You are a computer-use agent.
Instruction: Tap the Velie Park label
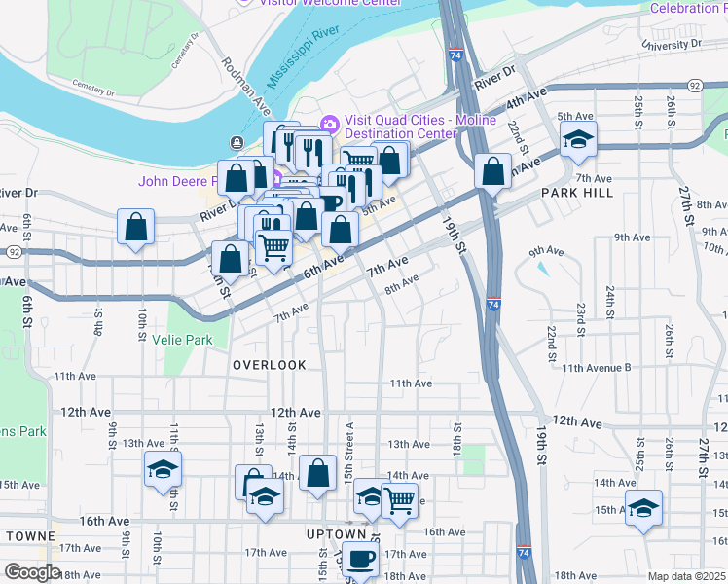pos(182,340)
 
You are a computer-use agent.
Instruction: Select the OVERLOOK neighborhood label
pos(269,365)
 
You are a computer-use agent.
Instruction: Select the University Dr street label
pos(671,44)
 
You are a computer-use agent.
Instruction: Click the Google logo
pos(32,572)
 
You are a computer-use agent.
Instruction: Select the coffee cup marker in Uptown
pos(361,559)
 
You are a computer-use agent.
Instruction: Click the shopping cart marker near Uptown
pos(399,500)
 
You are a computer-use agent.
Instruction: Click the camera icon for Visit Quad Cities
pos(329,123)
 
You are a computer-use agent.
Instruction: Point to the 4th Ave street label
pos(528,100)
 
